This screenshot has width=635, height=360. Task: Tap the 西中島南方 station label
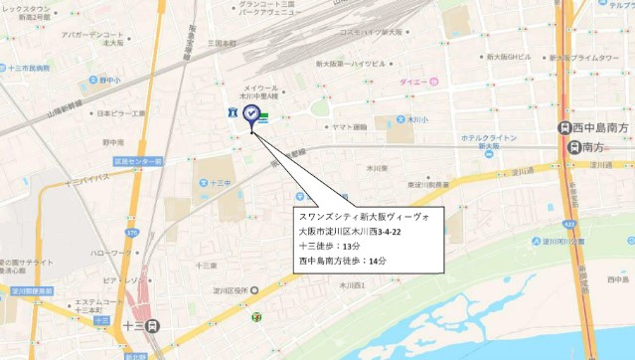[x=602, y=127]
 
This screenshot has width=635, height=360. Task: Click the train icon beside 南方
[x=573, y=147]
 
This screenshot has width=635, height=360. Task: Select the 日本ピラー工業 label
[x=120, y=113]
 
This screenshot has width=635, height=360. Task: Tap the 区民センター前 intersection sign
[x=137, y=160]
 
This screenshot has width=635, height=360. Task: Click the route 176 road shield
[x=131, y=234]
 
